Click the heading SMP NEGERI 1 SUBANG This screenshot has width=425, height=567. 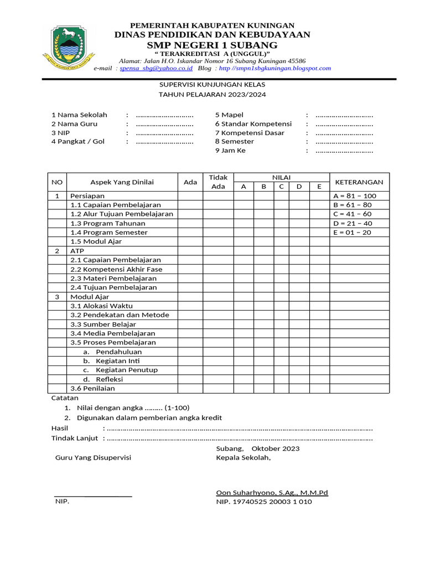click(x=212, y=44)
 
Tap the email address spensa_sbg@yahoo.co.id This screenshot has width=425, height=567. click(x=156, y=68)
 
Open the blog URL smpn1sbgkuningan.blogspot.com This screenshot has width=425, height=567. click(x=275, y=68)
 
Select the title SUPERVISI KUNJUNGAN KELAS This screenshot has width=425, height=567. click(x=212, y=85)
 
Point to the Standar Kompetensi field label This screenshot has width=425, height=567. click(x=253, y=124)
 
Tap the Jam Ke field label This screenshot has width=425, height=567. click(x=230, y=151)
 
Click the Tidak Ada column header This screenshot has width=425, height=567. click(x=219, y=182)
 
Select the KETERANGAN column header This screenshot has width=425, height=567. click(x=359, y=182)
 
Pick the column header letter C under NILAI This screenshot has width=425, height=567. click(x=281, y=187)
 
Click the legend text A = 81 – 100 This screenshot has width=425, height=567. click(x=354, y=196)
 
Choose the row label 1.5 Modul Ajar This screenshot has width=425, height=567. click(x=96, y=241)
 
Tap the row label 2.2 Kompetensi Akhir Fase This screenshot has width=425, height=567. click(x=116, y=269)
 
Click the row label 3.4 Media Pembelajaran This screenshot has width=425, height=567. click(x=112, y=333)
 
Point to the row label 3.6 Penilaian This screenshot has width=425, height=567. click(x=92, y=388)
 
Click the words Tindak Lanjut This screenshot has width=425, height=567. click(x=74, y=438)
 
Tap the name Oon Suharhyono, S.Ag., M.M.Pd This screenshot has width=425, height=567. click(x=272, y=492)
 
